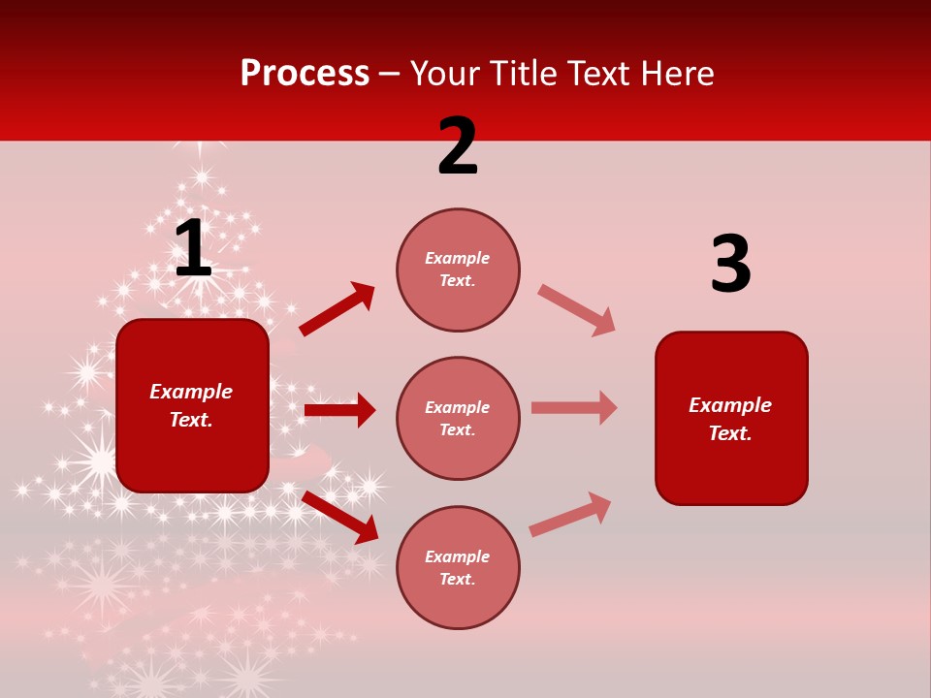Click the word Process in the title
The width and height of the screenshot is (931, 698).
(305, 74)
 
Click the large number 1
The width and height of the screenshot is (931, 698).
(193, 249)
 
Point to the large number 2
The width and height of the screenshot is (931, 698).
(458, 147)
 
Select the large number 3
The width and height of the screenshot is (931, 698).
(730, 265)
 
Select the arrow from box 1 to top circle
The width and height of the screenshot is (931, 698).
(337, 309)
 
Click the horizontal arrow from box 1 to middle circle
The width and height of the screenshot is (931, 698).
(339, 410)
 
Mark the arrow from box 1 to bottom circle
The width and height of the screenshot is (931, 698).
(339, 517)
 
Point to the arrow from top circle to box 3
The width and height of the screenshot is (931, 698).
(576, 310)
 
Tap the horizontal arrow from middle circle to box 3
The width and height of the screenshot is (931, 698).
(574, 407)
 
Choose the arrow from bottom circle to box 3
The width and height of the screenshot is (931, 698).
(570, 514)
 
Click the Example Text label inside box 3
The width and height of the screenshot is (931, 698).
(730, 419)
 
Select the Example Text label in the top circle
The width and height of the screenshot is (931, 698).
(458, 270)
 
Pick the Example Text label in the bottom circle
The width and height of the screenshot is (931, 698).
(458, 568)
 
